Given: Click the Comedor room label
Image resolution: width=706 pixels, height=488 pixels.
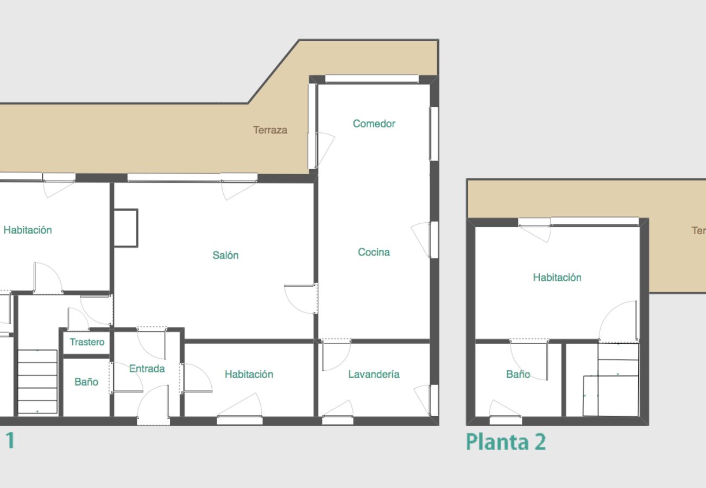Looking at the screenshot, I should pos(374,124).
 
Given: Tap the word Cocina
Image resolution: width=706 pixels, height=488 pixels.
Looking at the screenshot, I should pos(374,252).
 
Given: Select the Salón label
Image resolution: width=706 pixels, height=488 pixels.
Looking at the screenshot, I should pos(225,255).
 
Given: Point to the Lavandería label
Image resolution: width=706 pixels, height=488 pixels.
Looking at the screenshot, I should pos(374,374).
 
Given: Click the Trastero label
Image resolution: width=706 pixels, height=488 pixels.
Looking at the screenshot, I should pos(87,342).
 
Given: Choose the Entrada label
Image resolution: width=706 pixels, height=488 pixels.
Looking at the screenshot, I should pos(147,369).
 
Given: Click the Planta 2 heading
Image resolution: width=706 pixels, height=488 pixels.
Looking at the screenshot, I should pos(506,442).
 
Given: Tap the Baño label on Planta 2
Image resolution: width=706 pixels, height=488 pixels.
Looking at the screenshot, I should pos(518,374).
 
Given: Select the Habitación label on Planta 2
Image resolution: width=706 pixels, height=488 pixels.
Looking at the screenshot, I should pos(557,278).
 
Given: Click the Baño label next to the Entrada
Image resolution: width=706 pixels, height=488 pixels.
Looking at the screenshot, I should pos(86,382).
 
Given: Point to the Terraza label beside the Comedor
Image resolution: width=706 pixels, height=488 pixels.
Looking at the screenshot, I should pos(270,130).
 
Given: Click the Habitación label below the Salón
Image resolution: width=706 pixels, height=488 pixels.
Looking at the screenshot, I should pos(249,374).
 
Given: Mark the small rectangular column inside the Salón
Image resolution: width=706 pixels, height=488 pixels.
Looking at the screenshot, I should pos(125,228).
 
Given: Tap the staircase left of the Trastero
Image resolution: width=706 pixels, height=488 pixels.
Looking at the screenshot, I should pos(37,382).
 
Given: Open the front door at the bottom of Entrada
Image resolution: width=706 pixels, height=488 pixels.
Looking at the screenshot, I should pos(153,404).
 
